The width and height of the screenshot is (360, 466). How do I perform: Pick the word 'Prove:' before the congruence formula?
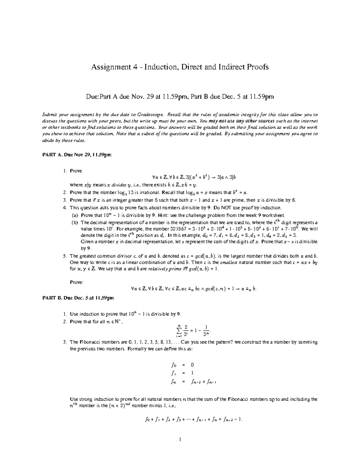tap(76, 282)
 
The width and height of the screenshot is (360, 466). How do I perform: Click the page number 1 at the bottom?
tap(180, 440)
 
